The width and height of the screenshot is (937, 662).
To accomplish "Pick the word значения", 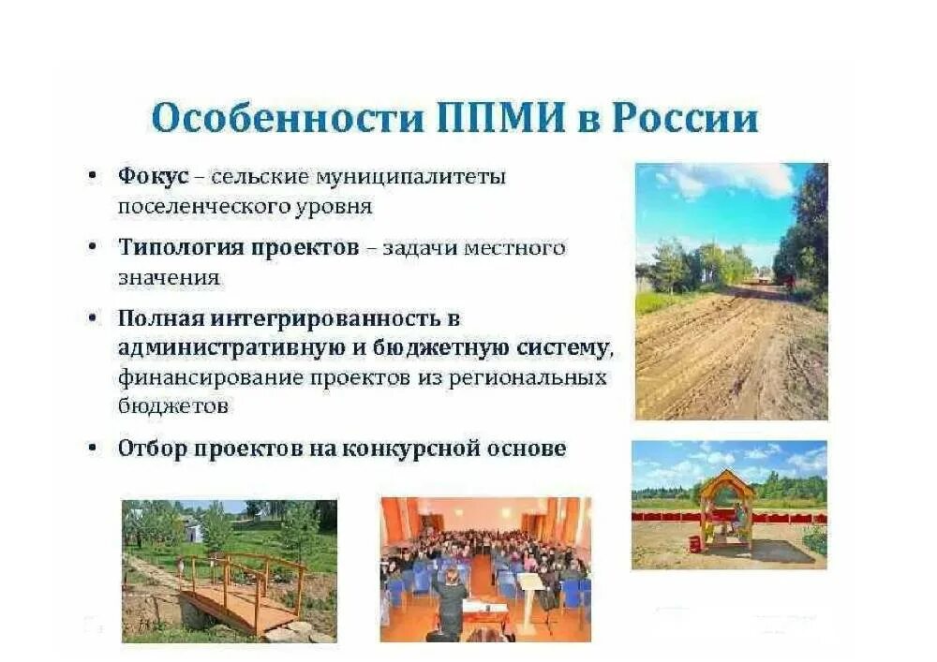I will coord(169,277).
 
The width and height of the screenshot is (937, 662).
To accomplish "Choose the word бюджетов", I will coord(173,406).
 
